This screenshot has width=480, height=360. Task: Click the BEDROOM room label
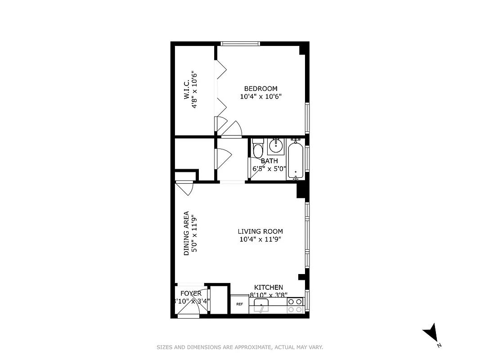coord(260,89)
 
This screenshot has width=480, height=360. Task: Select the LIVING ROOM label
coord(260,232)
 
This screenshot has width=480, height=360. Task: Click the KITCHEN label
coord(269,288)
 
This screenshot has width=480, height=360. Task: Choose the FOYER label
coord(191,293)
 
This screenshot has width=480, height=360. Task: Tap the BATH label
coord(269,161)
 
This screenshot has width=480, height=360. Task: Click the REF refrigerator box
coord(239,304)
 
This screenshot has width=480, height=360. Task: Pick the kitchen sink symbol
coord(261,307)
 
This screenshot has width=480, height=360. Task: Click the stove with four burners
coord(295,305)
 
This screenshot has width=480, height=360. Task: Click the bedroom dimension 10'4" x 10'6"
coord(260,96)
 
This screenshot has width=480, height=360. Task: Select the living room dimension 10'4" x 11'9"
coord(260,239)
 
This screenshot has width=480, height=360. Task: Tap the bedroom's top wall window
coord(240,44)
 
